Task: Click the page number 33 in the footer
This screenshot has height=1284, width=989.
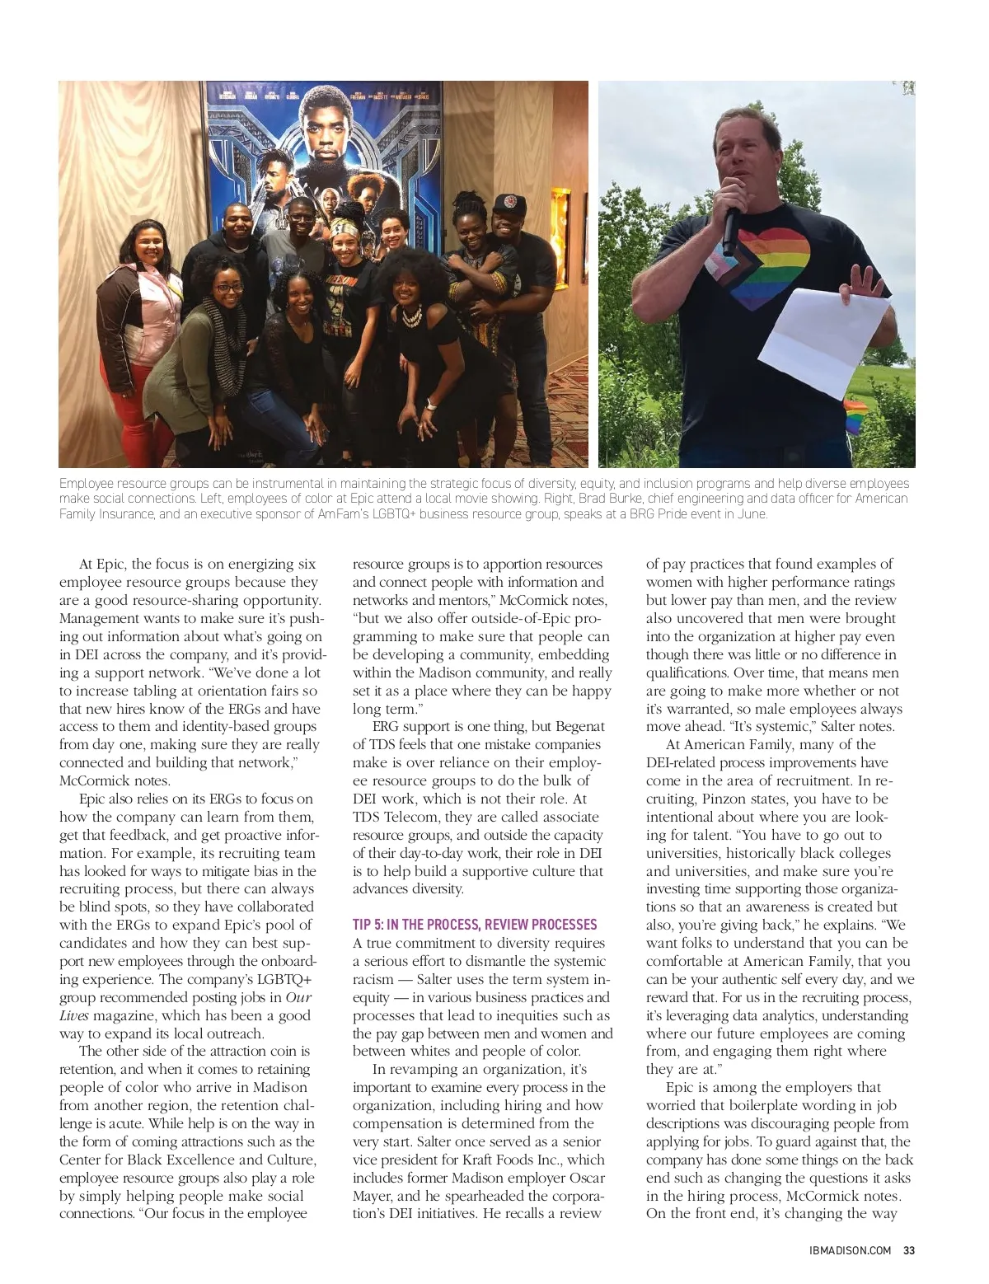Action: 909,1249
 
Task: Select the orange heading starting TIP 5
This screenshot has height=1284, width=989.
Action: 475,924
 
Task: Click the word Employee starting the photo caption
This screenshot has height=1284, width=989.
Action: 87,483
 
